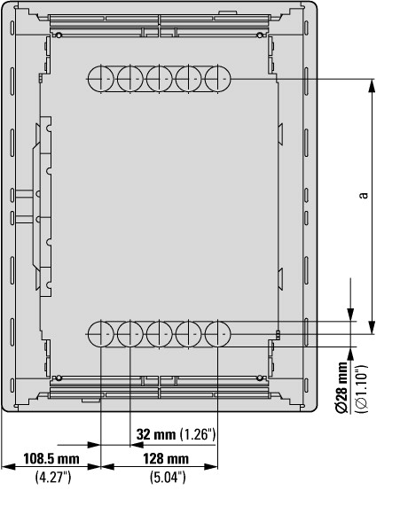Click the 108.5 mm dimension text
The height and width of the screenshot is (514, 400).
click(x=51, y=458)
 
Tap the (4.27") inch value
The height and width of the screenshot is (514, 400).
click(x=53, y=477)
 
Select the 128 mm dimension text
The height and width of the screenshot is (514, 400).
click(x=166, y=458)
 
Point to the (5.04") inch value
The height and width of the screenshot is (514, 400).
click(x=168, y=477)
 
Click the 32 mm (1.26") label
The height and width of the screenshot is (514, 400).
click(x=176, y=434)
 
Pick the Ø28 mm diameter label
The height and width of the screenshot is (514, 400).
click(x=342, y=387)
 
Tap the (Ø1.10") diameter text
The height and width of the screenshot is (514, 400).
click(x=362, y=388)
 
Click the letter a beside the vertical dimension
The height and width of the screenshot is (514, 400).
click(x=364, y=195)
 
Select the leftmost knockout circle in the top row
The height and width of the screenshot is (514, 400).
click(x=101, y=79)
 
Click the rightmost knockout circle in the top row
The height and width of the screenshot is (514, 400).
click(x=218, y=79)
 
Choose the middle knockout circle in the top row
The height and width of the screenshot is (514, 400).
click(x=159, y=79)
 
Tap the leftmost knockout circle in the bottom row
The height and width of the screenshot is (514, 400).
click(x=101, y=334)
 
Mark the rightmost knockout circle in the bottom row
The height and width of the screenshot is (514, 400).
click(x=218, y=334)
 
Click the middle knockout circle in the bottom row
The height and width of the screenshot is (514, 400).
click(x=159, y=334)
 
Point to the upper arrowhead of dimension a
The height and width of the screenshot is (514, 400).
click(x=372, y=86)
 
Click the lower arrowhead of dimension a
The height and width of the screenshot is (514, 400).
click(x=372, y=328)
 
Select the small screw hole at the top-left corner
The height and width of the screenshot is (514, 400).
click(x=59, y=35)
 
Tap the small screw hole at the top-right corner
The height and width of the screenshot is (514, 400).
click(x=260, y=35)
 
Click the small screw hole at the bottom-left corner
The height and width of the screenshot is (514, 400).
click(x=59, y=378)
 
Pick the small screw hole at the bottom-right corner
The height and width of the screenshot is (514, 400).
click(x=260, y=378)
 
